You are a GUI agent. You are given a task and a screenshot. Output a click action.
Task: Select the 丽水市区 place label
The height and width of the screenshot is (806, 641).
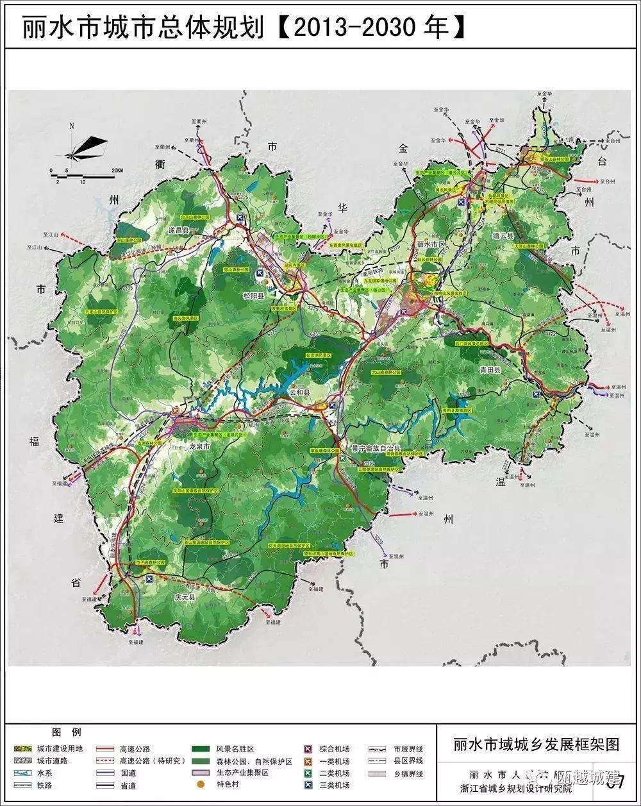click(431, 244)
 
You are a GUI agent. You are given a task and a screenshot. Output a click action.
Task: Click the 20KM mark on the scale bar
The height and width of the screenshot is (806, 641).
click(116, 169)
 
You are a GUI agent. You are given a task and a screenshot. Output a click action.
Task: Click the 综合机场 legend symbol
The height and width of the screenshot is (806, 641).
click(308, 749)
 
